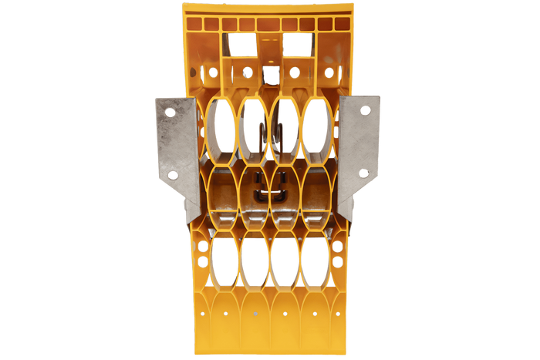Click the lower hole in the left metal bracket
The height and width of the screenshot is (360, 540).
[x=174, y=175]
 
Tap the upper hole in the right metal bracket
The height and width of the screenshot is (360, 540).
[x=366, y=112]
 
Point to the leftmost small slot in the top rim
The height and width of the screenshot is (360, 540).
[x=194, y=24]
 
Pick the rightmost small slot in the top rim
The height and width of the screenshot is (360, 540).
[x=343, y=24]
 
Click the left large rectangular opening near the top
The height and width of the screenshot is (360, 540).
[x=244, y=45]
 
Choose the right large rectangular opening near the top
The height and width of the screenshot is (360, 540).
[x=295, y=45]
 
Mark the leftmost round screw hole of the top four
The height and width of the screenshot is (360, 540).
[x=213, y=72]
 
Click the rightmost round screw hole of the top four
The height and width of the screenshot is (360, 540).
[x=329, y=72]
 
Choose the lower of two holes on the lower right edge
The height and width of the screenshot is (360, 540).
[x=337, y=262]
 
